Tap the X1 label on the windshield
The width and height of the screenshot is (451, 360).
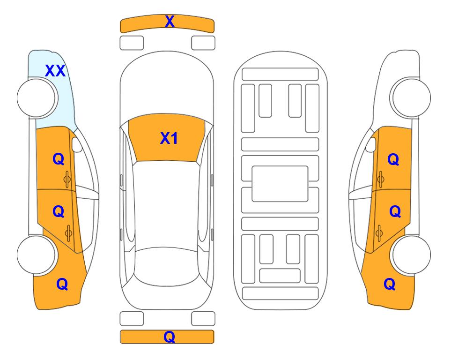[169, 138]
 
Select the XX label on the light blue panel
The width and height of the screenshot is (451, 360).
[55, 71]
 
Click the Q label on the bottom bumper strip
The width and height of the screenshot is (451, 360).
[170, 337]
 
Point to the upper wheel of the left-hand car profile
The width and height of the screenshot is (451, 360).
[37, 98]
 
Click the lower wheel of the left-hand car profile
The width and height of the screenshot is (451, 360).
[37, 255]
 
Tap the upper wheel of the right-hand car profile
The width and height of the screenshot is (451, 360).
[411, 97]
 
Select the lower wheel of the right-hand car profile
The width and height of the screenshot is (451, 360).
[411, 255]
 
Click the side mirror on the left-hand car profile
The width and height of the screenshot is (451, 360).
[77, 144]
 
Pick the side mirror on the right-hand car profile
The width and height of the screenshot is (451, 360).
[371, 144]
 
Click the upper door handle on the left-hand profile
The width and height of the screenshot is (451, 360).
[67, 180]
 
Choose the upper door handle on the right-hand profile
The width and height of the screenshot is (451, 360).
[381, 180]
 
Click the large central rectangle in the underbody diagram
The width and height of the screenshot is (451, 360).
[280, 184]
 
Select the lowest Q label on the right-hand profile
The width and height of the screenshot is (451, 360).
[390, 284]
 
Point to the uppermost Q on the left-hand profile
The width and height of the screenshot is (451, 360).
[59, 159]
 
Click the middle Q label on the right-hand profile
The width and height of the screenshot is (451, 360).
[395, 212]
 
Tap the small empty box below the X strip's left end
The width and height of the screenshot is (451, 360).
[132, 43]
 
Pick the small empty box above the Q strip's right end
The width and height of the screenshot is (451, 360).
[203, 319]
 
